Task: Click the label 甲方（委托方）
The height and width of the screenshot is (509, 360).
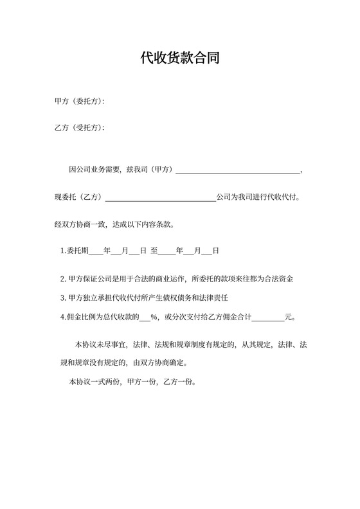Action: point(80,102)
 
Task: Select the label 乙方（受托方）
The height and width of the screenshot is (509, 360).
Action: point(80,128)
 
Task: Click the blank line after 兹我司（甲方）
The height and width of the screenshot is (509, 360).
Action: point(237,170)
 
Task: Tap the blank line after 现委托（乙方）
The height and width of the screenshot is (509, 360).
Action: point(160,197)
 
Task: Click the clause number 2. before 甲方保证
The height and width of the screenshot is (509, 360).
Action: point(63,280)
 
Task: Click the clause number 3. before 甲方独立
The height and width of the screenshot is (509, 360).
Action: point(63,298)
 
